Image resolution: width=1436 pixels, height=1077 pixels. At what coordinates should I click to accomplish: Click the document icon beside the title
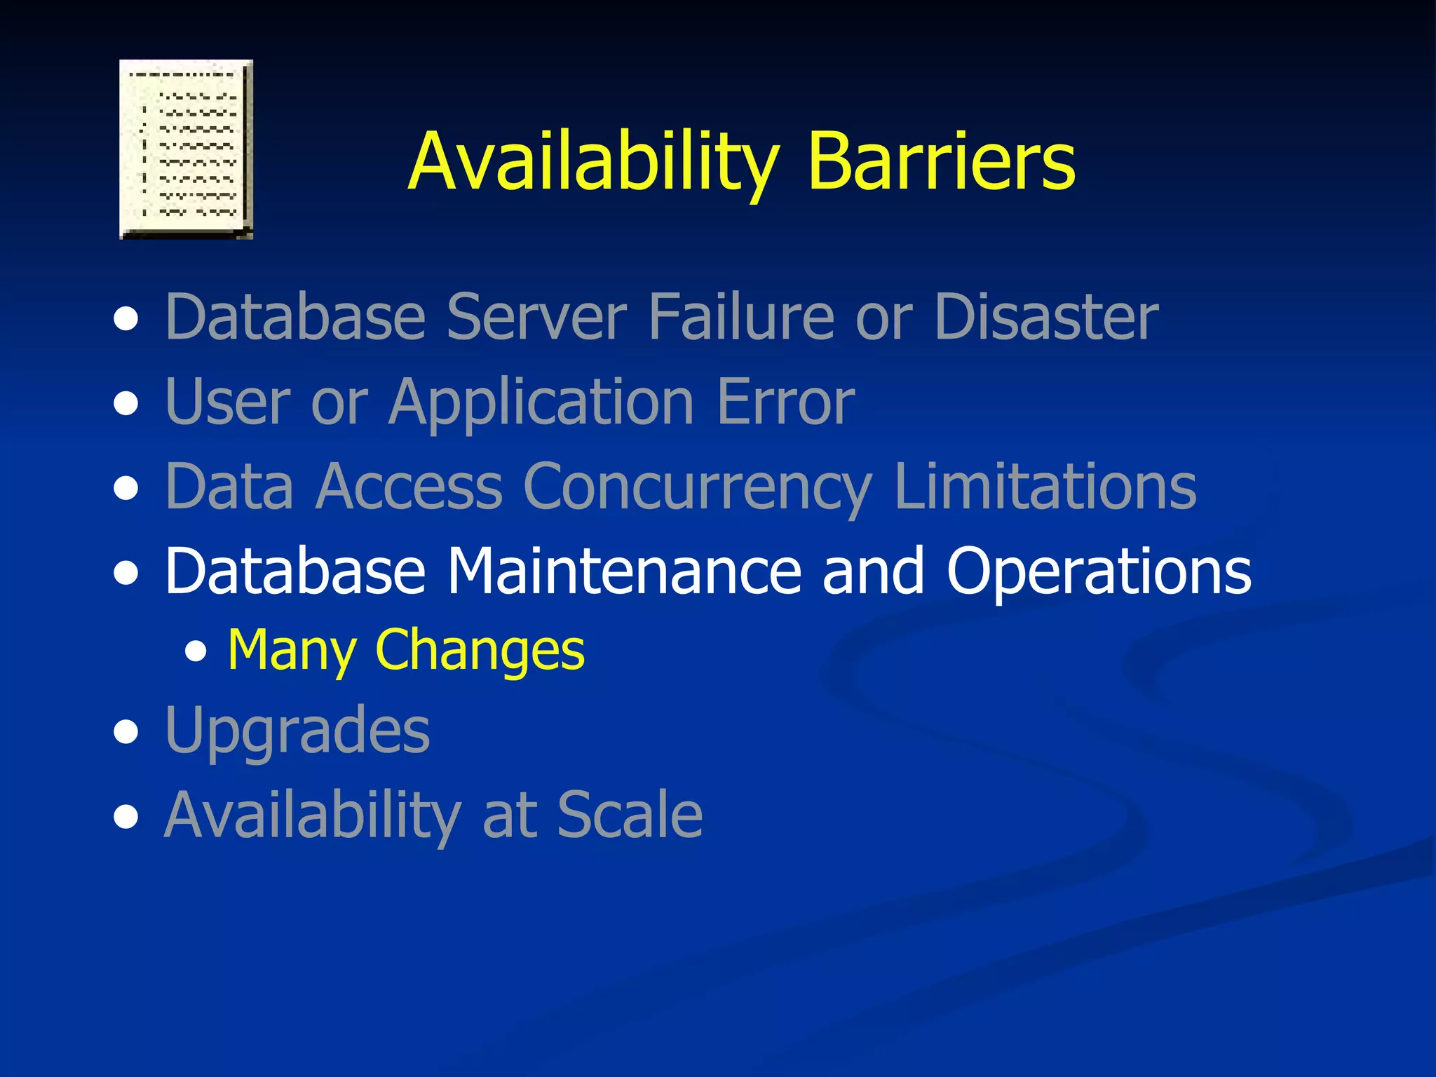coord(186,149)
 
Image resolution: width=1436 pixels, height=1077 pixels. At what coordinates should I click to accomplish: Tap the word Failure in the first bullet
coord(740,317)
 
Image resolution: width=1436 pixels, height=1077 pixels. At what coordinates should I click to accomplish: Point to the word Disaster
coord(1045,317)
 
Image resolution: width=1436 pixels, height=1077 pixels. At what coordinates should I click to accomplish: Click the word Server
coord(536,317)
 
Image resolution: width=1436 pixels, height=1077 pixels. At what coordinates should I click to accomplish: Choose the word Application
coord(542,402)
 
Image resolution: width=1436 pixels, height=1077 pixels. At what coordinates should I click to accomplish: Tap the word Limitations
coord(1045,487)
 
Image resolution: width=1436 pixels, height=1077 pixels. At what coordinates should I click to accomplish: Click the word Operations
coord(1098,571)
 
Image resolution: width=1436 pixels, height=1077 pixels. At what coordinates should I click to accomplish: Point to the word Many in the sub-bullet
coord(292,650)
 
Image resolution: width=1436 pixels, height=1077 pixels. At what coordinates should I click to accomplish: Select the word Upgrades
coord(297,731)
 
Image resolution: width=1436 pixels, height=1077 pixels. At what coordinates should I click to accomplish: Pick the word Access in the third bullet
coord(409,487)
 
